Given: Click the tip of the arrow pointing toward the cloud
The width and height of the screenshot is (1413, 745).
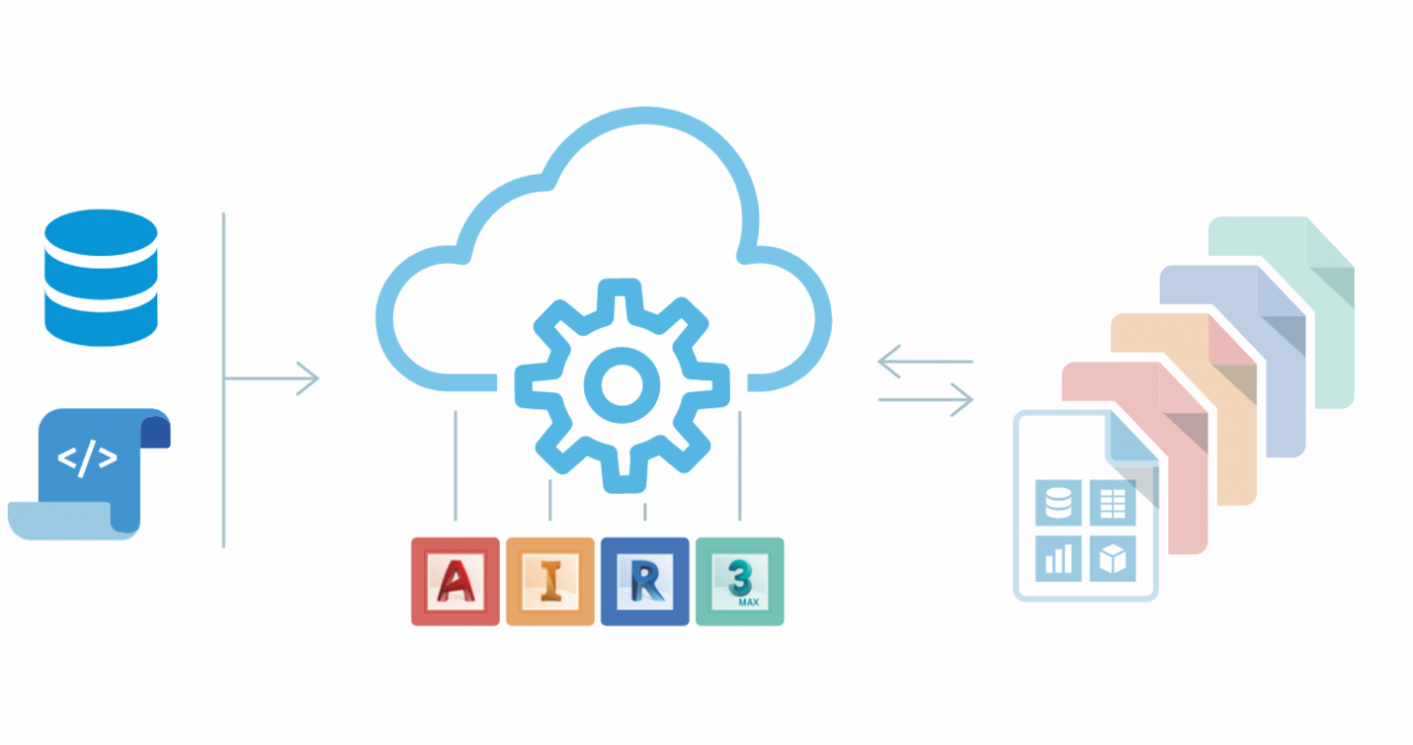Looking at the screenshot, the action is pos(319,378).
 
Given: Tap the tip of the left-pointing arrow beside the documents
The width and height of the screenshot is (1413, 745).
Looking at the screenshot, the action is pos(878,361).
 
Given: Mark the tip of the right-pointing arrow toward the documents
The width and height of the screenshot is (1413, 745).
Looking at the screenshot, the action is pos(973,400).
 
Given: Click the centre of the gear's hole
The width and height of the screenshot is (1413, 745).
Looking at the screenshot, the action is pos(622,385).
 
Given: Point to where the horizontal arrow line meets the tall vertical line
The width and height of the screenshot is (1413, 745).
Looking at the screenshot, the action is pos(224,378).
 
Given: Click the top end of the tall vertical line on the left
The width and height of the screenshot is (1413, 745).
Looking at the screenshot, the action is pos(224,213).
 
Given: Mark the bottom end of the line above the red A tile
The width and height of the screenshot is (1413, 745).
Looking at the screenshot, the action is pos(455,520).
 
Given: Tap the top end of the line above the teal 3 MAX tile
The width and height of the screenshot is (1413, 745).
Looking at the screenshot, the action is pos(739,412).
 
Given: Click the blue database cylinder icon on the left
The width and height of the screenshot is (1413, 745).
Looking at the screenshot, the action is pos(101,277).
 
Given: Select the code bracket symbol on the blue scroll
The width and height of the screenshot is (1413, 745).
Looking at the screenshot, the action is pos(87,458).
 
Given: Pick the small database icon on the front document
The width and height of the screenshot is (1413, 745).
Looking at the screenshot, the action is pos(1059,502).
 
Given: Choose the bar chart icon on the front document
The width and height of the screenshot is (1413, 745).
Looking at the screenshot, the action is pos(1059,559).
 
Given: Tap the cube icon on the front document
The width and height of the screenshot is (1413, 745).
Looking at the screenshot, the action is pos(1113,559).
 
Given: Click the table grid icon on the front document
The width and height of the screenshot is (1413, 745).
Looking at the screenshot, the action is pos(1113,502).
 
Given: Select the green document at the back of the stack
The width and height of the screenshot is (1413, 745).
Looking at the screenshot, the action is pos(1282,312).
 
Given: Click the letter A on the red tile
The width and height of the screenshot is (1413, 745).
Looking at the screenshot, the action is pos(455,580).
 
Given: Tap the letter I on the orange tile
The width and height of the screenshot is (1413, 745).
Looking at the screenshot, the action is pos(550,580).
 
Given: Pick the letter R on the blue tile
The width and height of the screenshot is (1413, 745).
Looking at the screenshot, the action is pos(645,580).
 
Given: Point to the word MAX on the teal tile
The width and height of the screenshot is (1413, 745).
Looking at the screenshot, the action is pos(749,602).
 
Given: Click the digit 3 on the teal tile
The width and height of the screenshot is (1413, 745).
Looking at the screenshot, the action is pos(739,577).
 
